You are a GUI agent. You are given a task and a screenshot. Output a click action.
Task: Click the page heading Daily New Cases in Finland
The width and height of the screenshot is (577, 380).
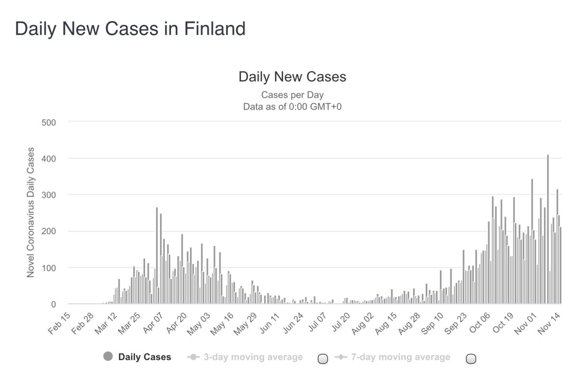pyautogui.click(x=130, y=29)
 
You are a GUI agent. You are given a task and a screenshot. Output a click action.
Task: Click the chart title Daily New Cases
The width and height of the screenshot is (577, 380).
pyautogui.click(x=292, y=77)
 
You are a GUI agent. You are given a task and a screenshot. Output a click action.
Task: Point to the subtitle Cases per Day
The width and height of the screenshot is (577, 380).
pyautogui.click(x=292, y=95)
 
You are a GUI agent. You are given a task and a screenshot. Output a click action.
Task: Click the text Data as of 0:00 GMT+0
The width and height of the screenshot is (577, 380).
pyautogui.click(x=292, y=106)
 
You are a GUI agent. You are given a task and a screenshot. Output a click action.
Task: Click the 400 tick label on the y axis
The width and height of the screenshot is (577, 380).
pyautogui.click(x=49, y=158)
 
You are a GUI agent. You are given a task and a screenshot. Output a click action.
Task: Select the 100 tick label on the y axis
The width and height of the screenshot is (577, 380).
pyautogui.click(x=49, y=268)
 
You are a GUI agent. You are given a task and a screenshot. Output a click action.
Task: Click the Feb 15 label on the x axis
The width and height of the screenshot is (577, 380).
pyautogui.click(x=59, y=325)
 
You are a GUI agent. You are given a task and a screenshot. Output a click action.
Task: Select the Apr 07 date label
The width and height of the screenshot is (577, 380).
pyautogui.click(x=154, y=325)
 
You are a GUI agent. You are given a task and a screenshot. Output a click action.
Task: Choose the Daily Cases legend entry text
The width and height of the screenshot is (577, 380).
pyautogui.click(x=144, y=357)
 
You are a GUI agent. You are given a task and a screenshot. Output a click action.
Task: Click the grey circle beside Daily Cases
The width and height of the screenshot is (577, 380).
pyautogui.click(x=108, y=356)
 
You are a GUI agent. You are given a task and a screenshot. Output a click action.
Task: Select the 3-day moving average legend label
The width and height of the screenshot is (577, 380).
pyautogui.click(x=253, y=357)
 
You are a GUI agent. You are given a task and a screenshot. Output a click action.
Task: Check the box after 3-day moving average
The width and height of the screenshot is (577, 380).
pyautogui.click(x=323, y=358)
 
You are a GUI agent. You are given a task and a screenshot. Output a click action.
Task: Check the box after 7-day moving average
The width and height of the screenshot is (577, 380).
pyautogui.click(x=471, y=358)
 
